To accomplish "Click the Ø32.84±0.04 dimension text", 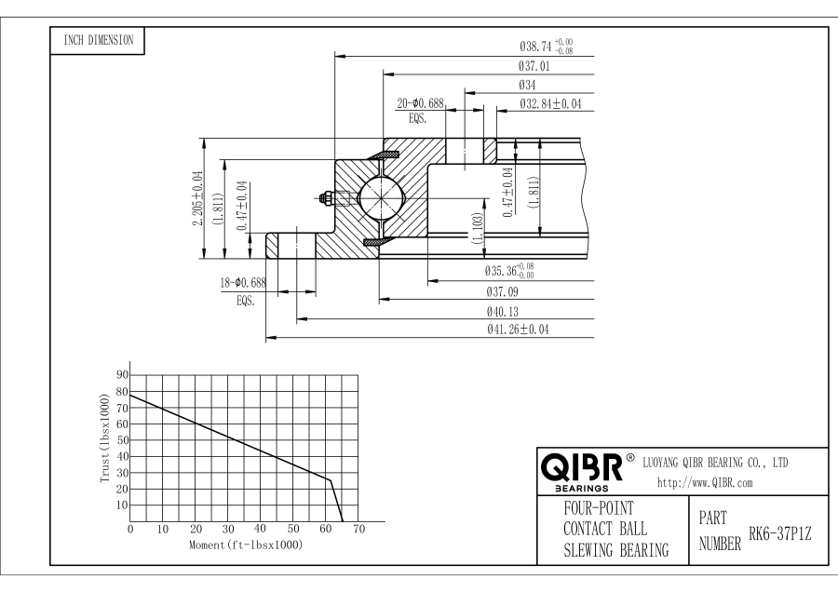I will pos(550,103).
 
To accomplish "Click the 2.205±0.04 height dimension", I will pos(196,198).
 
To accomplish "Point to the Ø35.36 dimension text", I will pos(509,272).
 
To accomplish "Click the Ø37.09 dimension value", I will pos(504,291).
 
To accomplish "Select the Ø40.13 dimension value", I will pos(504,311).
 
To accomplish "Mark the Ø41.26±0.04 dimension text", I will pos(518,330).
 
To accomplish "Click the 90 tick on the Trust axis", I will pos(121,374).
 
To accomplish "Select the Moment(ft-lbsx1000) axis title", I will pos(245,544).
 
